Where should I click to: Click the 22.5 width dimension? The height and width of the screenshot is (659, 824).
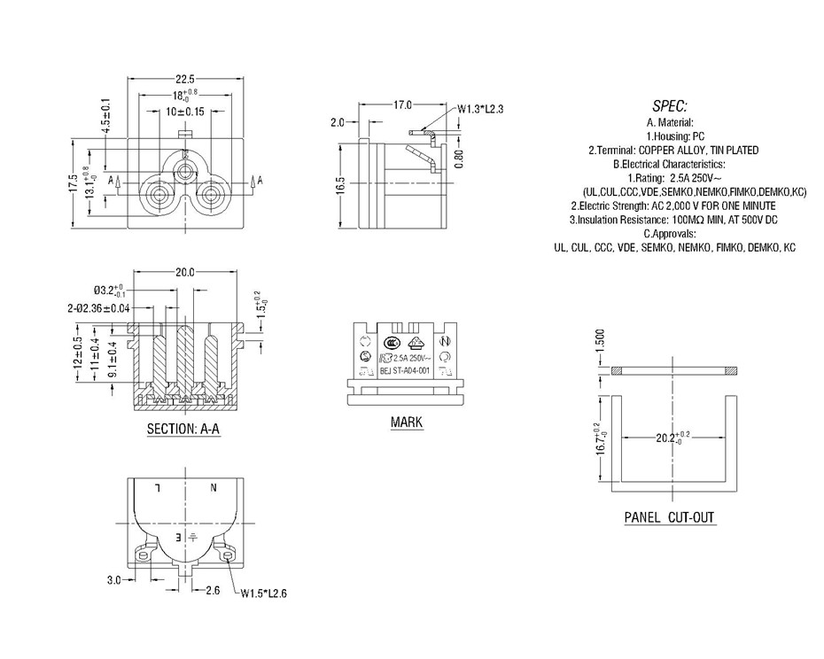pos(184,80)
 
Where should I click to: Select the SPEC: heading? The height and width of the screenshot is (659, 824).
pos(669,105)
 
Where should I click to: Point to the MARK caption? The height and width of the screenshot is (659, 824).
pos(407,423)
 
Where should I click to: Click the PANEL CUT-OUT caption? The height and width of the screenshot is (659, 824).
pos(669,517)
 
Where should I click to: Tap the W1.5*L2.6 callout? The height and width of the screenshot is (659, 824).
pos(266,593)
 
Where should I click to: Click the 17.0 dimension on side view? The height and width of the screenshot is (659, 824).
pos(402,105)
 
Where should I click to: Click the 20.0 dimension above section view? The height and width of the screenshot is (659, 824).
pos(184,273)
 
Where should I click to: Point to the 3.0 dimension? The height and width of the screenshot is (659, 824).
pos(114,580)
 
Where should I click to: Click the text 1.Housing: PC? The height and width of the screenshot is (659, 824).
pos(669,136)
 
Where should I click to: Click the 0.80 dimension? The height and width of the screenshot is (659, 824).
pos(458,158)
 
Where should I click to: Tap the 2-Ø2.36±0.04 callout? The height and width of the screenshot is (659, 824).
pos(98,307)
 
